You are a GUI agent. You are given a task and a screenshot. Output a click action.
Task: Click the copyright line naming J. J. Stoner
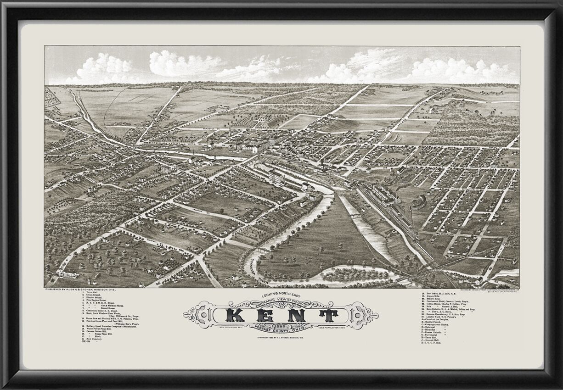pos(281,338)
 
